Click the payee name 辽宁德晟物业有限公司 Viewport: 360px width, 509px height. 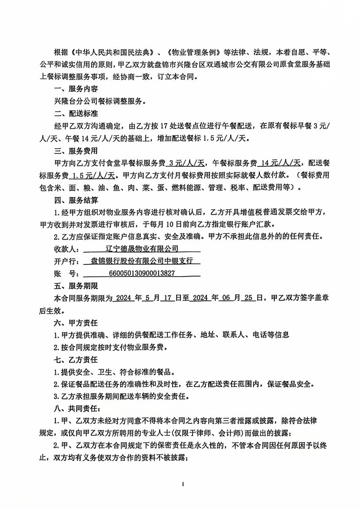pyautogui.click(x=142, y=249)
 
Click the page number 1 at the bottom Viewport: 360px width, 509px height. pyautogui.click(x=183, y=484)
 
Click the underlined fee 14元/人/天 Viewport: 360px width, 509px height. pyautogui.click(x=281, y=163)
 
